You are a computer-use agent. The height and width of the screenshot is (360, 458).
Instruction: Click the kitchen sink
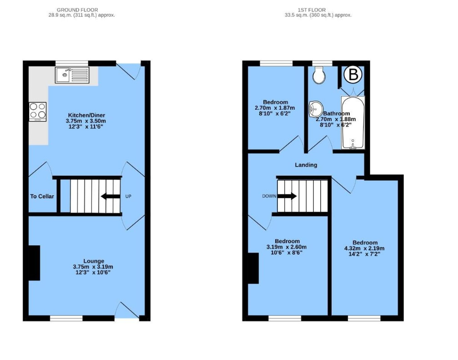click(72, 75)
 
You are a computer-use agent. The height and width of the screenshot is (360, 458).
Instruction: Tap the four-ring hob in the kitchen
click(38, 112)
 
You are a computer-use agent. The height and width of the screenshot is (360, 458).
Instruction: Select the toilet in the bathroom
click(318, 75)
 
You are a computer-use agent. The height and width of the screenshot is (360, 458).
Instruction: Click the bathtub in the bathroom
click(353, 123)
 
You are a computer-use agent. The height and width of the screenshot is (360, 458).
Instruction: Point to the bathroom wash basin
click(315, 109)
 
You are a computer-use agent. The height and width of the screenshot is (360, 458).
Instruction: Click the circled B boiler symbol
click(353, 75)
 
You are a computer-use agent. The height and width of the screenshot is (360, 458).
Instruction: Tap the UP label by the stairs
click(128, 196)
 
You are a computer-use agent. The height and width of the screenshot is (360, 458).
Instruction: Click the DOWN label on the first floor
click(269, 196)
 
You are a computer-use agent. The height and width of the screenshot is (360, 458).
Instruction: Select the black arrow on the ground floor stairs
click(111, 196)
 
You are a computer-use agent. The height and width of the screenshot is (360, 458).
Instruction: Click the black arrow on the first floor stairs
click(287, 196)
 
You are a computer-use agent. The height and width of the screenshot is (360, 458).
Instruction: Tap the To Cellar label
click(42, 196)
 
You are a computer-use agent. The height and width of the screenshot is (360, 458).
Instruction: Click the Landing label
click(306, 165)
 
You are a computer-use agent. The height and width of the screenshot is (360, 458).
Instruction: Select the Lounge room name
click(94, 261)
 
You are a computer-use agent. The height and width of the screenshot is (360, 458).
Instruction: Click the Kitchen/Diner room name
click(86, 115)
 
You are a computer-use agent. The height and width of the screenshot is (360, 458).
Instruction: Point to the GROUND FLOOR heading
click(77, 10)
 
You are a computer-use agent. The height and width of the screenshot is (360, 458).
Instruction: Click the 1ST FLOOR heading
click(312, 10)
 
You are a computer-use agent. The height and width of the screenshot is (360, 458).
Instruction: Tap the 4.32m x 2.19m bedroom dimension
click(364, 248)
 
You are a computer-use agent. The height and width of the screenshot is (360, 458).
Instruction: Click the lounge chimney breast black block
click(34, 263)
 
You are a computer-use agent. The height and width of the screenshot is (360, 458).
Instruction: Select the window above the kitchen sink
click(72, 63)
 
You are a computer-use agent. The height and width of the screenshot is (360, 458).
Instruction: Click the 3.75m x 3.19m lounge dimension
click(93, 267)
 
